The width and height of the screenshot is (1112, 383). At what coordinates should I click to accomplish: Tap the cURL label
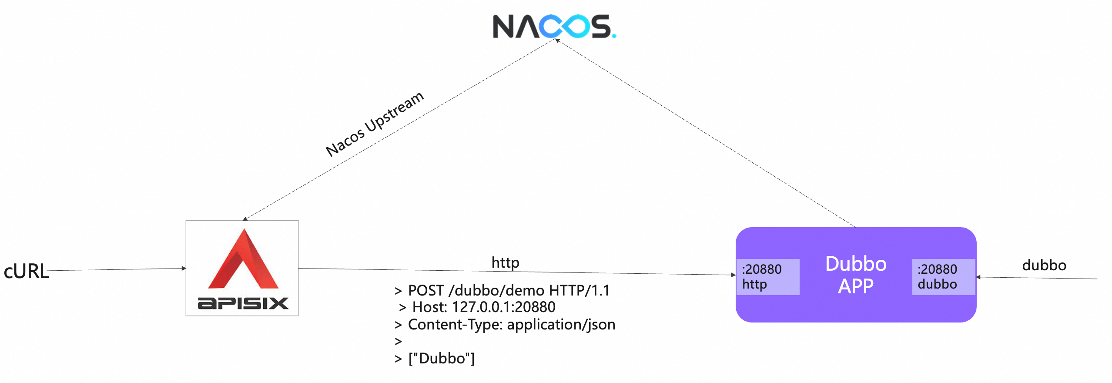coord(26,271)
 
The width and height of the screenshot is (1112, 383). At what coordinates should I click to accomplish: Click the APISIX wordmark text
coord(243,303)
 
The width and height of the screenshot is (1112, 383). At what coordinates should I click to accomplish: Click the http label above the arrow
coord(505,262)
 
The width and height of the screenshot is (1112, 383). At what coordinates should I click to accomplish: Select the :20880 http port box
coord(767,277)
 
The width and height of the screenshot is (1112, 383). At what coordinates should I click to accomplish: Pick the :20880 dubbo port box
coord(943,277)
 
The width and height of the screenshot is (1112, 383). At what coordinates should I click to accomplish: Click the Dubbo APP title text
coord(856,275)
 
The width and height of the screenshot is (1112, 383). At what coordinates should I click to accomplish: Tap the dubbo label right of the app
coord(1044,265)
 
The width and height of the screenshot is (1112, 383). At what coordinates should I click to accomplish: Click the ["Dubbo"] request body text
coord(441,359)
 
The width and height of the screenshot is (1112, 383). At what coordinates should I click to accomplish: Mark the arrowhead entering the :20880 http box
coord(733,275)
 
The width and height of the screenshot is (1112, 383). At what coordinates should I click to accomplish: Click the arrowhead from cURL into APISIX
coord(184,269)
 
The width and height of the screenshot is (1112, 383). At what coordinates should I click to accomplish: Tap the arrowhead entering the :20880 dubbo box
coord(978,277)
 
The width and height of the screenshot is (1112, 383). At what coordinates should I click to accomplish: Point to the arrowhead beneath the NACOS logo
coord(556,40)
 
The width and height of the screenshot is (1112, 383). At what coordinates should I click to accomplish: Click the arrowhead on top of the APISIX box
coord(245,218)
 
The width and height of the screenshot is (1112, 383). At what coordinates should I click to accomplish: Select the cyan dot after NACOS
coord(614,36)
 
